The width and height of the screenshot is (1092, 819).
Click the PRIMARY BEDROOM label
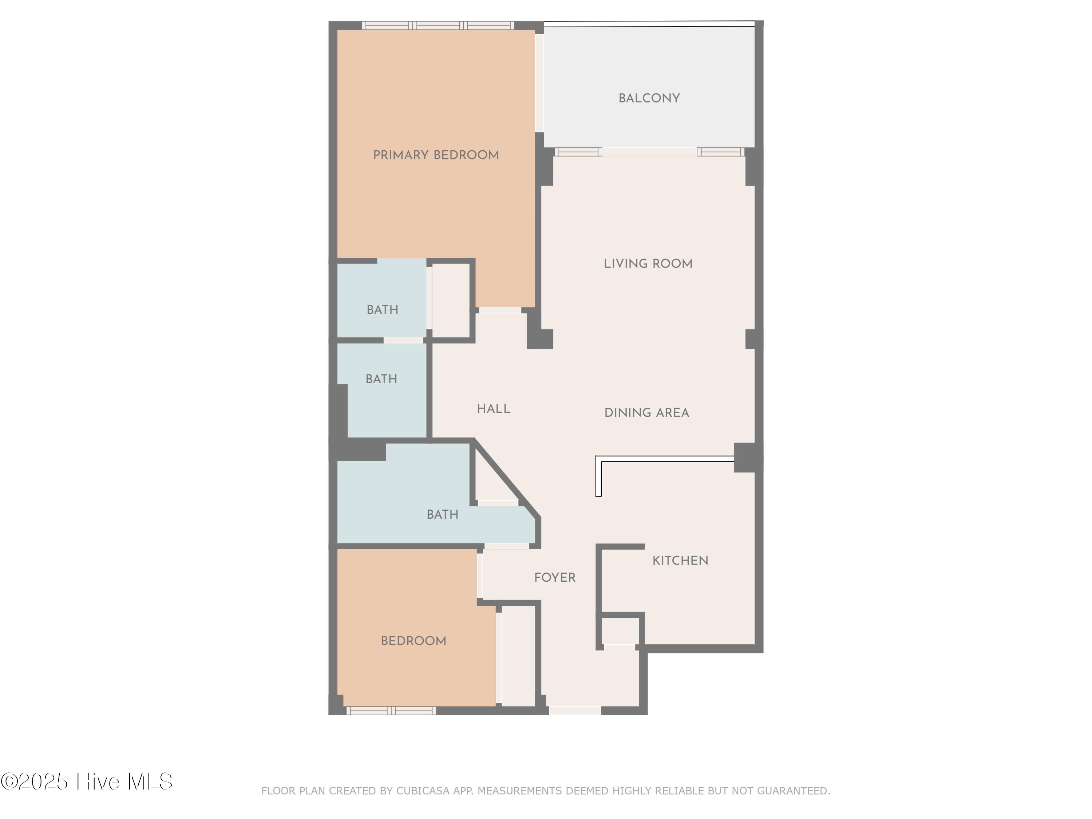pos(436,155)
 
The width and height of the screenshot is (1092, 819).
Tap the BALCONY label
pos(649,98)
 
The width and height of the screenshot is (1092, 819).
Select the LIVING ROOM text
pos(648,264)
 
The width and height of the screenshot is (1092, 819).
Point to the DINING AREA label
pos(647,413)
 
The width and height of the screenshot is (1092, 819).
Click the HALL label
pos(494,409)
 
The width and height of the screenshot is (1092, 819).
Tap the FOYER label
pos(555,578)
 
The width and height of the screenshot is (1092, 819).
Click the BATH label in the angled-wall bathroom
pos(442,514)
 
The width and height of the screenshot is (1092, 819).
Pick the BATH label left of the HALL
pos(381,379)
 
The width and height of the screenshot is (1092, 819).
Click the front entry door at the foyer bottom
pos(575,711)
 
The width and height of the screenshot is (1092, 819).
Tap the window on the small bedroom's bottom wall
pos(391,711)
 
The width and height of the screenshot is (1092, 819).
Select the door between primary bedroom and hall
pos(500,310)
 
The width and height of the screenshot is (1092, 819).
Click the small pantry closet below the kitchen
pos(620,631)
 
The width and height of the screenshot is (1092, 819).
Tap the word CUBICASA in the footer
pos(423,791)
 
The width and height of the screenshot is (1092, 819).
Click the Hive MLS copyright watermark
pos(86,782)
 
